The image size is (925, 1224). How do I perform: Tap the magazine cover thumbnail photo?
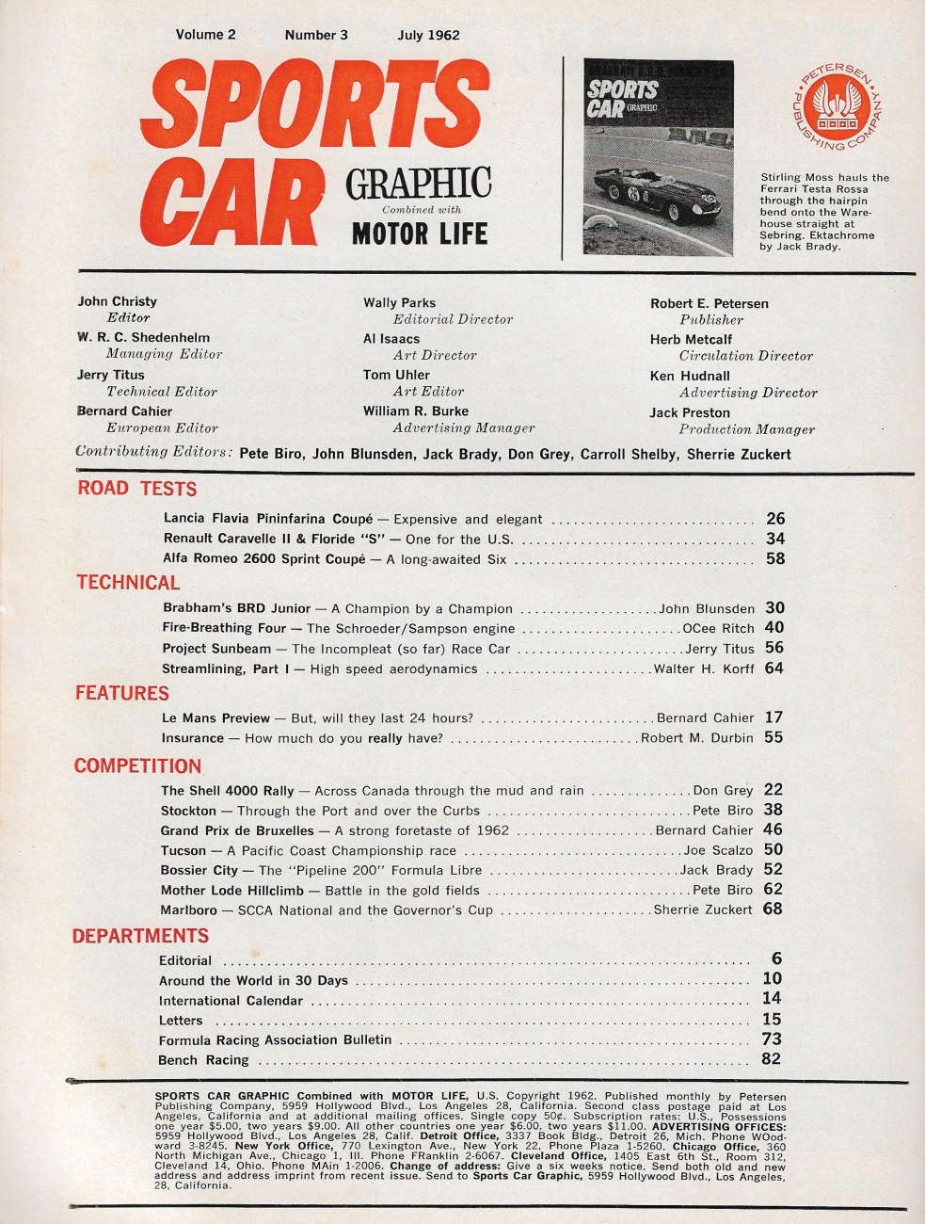[x=658, y=157]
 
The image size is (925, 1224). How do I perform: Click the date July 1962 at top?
[x=428, y=35]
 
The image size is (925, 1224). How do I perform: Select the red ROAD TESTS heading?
[x=137, y=489]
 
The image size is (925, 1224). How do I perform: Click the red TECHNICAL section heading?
[x=128, y=583]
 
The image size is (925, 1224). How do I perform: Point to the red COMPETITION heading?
[x=137, y=766]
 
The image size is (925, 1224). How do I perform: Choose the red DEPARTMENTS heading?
[x=140, y=936]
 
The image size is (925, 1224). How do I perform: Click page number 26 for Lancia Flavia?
[x=775, y=519]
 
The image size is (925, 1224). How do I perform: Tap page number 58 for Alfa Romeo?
[x=775, y=558]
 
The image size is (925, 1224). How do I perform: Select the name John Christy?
[x=118, y=301]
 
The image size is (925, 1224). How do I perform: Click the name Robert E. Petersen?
[x=710, y=303]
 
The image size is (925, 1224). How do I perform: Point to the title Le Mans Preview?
[x=215, y=717]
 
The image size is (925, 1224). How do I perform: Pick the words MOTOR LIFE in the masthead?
[x=420, y=233]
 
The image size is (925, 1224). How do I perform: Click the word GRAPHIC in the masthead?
[x=419, y=183]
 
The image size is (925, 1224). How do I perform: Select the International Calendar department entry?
[x=231, y=1001]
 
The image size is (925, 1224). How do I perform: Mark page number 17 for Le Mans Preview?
[x=773, y=717]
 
